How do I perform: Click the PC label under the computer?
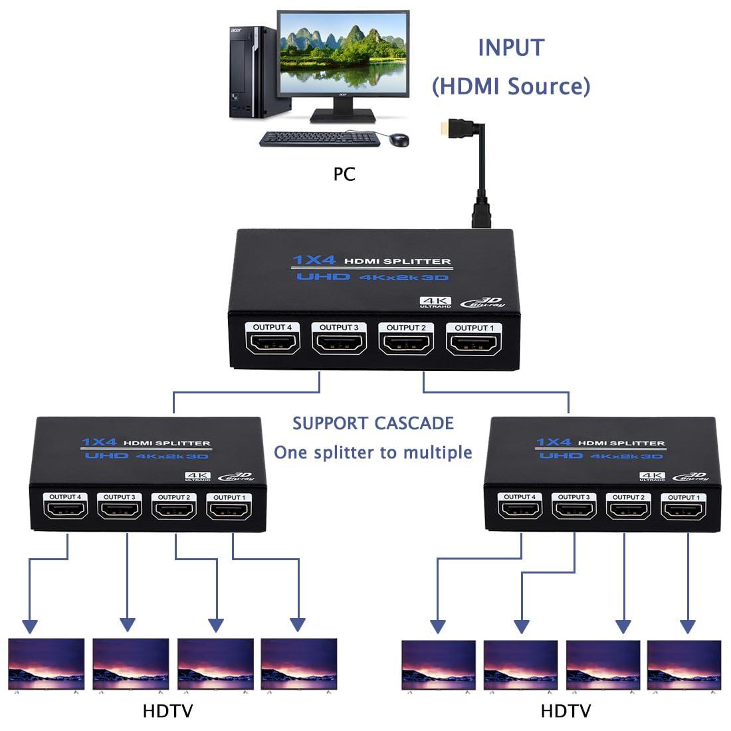[x=344, y=174]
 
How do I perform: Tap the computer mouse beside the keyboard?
[x=399, y=140]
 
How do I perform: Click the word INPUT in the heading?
[x=511, y=48]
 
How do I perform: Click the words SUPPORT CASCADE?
[x=373, y=423]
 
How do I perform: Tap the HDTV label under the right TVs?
[x=566, y=711]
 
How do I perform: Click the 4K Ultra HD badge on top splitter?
[x=435, y=302]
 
